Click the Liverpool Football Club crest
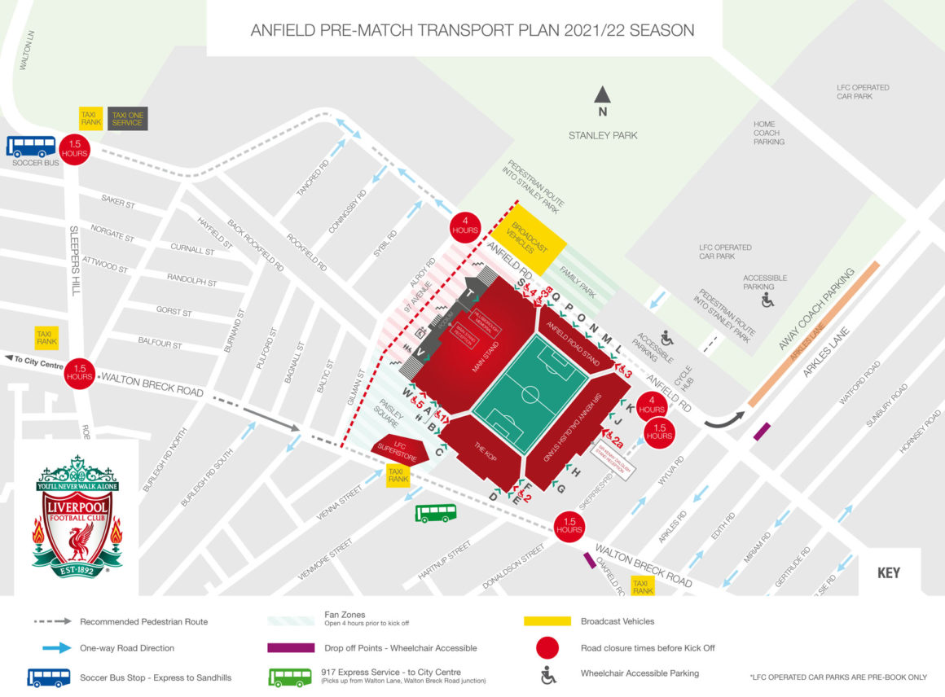click(77, 517)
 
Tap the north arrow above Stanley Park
click(602, 96)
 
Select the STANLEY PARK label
click(603, 135)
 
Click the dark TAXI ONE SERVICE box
click(128, 119)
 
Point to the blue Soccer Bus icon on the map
click(32, 147)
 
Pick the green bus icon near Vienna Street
click(436, 513)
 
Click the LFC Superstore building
click(400, 447)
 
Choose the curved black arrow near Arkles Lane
click(723, 419)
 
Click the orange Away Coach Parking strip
click(814, 334)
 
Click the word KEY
click(888, 572)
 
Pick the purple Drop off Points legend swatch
click(291, 648)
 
